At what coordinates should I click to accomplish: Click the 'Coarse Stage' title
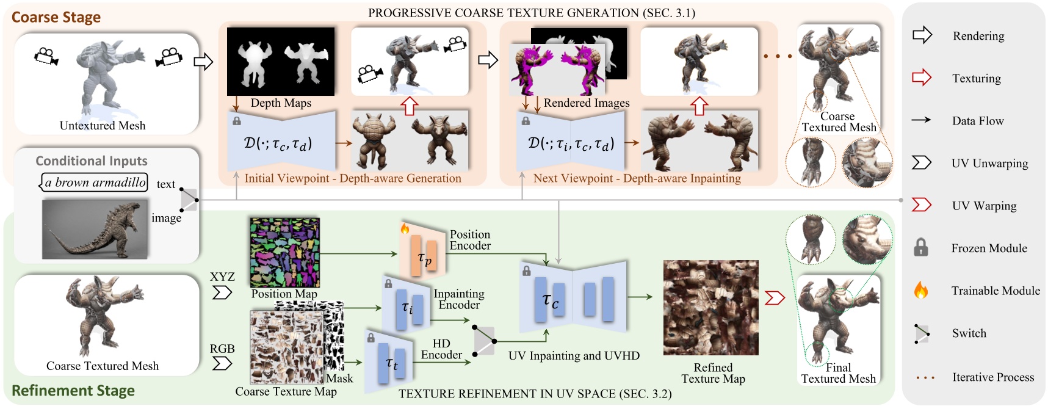pos(56,17)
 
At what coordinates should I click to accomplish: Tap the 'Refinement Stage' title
pos(73,390)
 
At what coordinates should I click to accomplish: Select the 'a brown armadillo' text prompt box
pos(95,182)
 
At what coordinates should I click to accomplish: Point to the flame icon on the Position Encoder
pos(404,229)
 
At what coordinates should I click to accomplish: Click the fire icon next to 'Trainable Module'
pos(921,291)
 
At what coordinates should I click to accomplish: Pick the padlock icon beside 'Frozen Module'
pos(921,248)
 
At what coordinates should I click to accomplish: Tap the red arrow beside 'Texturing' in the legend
pos(922,78)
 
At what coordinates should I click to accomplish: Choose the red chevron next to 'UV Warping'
pos(921,205)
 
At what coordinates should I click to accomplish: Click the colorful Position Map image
pos(284,252)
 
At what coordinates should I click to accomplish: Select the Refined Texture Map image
pos(711,308)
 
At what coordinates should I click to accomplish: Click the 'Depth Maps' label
pos(281,103)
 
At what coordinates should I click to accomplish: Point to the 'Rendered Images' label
pos(587,103)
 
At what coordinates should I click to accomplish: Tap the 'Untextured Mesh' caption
pos(103,126)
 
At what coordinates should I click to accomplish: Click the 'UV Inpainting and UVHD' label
pos(574,355)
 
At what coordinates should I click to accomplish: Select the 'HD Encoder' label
pos(441,349)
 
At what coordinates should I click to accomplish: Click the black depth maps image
pos(281,61)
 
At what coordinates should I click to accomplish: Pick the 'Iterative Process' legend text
pos(993,377)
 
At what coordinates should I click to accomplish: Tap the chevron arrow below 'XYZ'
pos(222,292)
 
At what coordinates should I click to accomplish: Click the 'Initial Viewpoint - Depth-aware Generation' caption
pos(353,178)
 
